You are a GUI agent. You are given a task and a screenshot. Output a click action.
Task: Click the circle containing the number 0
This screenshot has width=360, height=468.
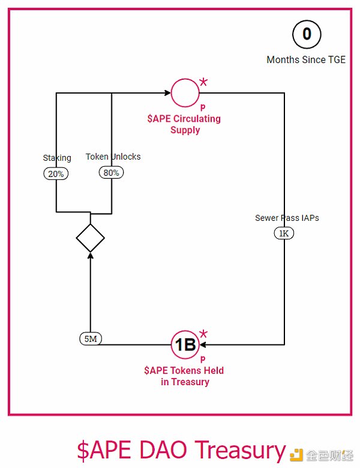(x=307, y=34)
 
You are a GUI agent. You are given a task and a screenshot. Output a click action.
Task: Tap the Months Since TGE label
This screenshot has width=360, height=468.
(x=306, y=60)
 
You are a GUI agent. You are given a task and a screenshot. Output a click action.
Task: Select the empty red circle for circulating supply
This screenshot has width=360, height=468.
(x=184, y=93)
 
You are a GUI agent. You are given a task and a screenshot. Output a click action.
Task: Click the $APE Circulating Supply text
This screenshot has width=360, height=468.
(x=184, y=124)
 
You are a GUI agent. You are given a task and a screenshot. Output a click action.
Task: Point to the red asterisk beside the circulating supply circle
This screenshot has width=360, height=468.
(x=203, y=82)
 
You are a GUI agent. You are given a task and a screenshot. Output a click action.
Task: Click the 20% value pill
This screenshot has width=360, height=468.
(x=56, y=173)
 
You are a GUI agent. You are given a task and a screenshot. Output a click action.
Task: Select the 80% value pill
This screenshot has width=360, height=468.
(x=112, y=173)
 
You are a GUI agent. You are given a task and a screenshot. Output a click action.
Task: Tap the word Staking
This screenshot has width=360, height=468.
(x=57, y=158)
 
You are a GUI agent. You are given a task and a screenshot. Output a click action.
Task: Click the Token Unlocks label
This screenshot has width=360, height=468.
(x=113, y=157)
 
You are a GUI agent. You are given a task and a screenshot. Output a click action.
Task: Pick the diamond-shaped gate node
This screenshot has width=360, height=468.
(x=91, y=238)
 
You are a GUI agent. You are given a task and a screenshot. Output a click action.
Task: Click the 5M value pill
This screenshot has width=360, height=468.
(x=91, y=339)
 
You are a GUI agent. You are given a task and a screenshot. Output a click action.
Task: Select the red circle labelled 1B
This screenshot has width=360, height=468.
(x=184, y=345)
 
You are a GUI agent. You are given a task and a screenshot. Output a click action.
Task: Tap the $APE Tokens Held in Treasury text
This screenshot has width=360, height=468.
(x=184, y=376)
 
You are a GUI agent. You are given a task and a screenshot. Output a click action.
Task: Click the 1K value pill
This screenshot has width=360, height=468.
(x=284, y=233)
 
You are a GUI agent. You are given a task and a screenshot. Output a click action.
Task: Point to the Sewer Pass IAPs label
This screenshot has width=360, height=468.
(x=287, y=218)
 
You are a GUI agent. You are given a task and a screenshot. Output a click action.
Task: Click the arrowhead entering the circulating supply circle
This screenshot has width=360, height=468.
(x=167, y=93)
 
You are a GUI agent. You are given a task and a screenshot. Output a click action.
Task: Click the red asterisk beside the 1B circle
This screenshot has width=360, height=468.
(x=203, y=334)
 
